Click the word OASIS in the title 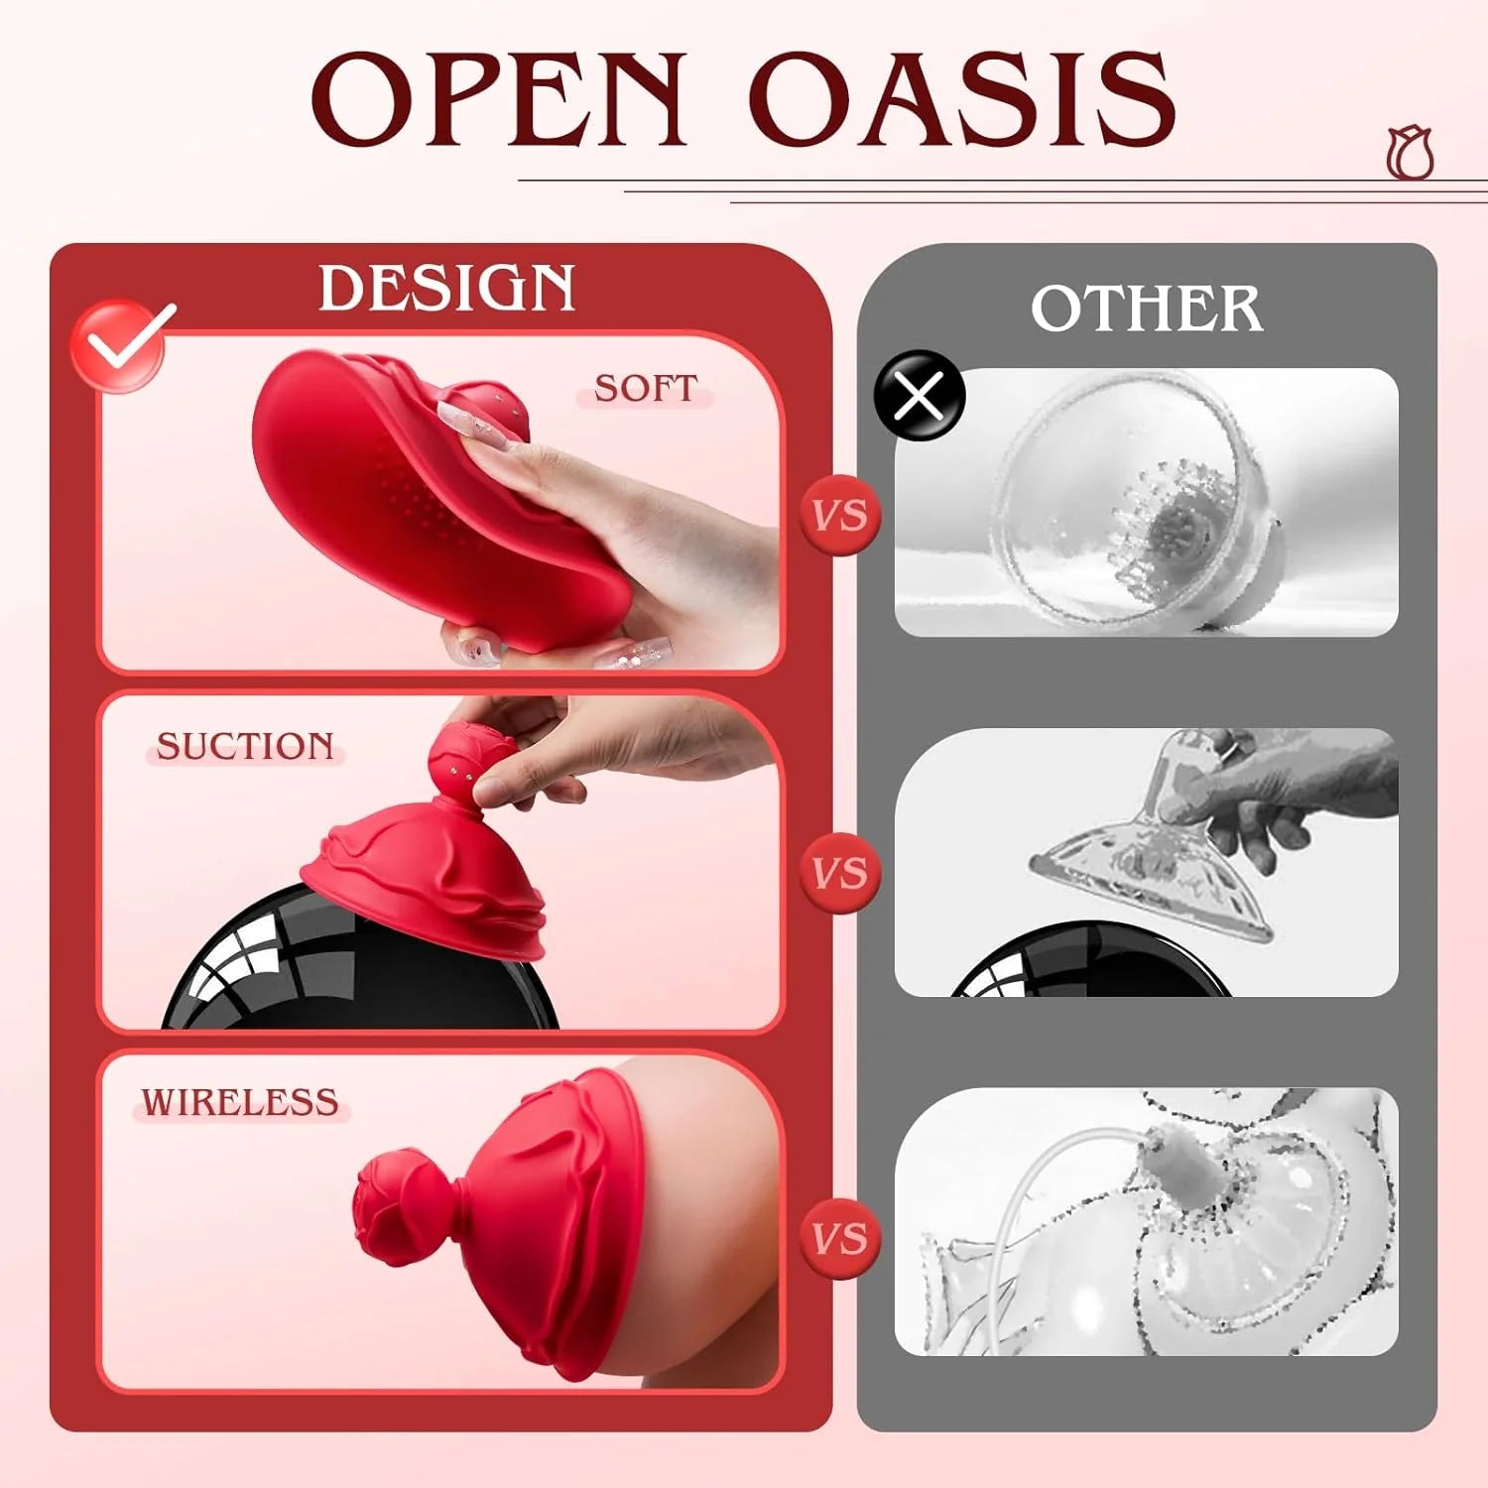coord(962,99)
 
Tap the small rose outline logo coord(1410,154)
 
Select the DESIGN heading coord(446,289)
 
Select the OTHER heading coord(1146,309)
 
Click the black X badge coord(919,396)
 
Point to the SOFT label coord(646,388)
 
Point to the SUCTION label coord(245,746)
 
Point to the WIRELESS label coord(240,1103)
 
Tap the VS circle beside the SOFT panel coord(840,515)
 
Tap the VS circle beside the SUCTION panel coord(840,873)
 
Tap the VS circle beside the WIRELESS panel coord(840,1238)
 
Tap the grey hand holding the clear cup coord(1280,794)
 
